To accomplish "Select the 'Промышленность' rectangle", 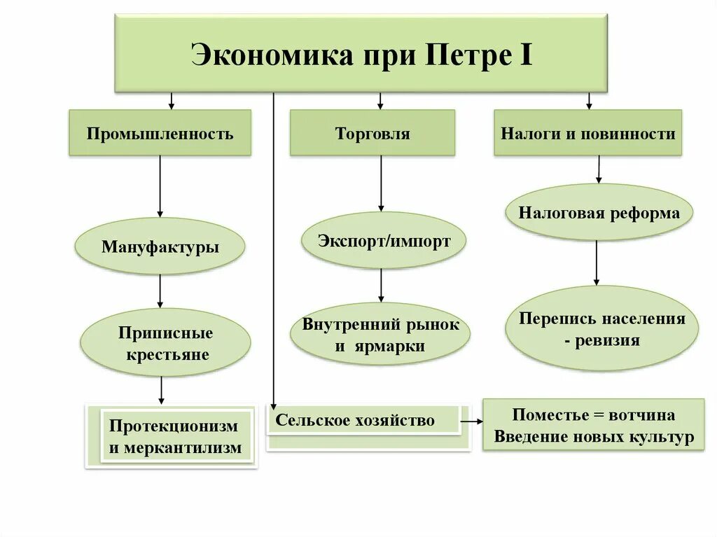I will [x=160, y=133].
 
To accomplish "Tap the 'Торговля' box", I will [x=373, y=133].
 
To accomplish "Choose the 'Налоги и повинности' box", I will [x=587, y=133].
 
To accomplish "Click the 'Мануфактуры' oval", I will [x=160, y=246].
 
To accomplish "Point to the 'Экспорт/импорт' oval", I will [x=384, y=241].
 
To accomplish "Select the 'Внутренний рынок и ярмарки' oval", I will [x=381, y=335].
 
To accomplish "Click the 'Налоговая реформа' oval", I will [x=599, y=213].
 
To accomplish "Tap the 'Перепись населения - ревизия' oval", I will [x=602, y=329].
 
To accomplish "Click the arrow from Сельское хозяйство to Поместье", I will [x=471, y=421].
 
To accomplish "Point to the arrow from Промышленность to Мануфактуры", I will [x=160, y=186].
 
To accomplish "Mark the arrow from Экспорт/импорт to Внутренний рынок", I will [x=382, y=285].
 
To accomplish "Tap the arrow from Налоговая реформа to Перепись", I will [x=596, y=263].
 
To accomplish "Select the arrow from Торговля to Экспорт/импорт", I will [x=381, y=183].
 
